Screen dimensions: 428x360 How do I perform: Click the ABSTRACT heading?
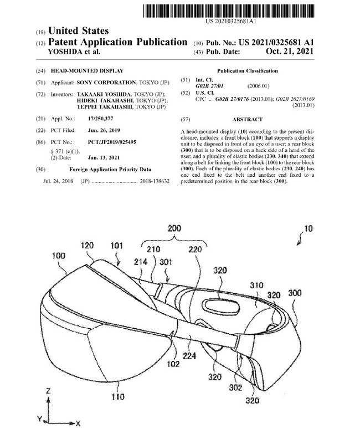pos(248,119)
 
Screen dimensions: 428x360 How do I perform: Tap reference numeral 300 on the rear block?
pos(296,291)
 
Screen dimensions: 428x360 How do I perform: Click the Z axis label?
pos(48,390)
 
